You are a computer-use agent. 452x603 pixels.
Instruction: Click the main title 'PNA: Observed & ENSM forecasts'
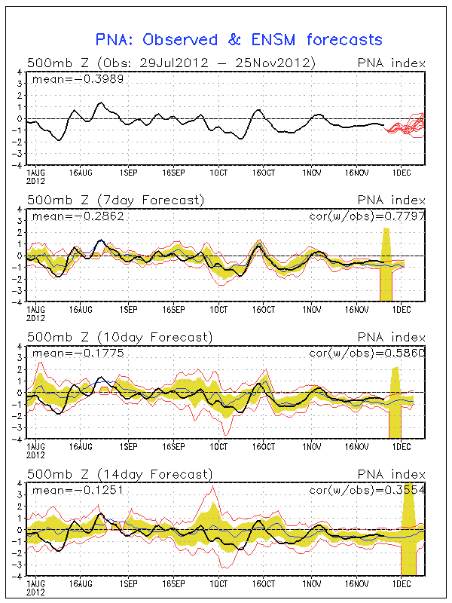[x=239, y=40]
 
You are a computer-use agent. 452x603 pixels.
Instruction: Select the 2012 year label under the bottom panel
[x=36, y=592]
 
